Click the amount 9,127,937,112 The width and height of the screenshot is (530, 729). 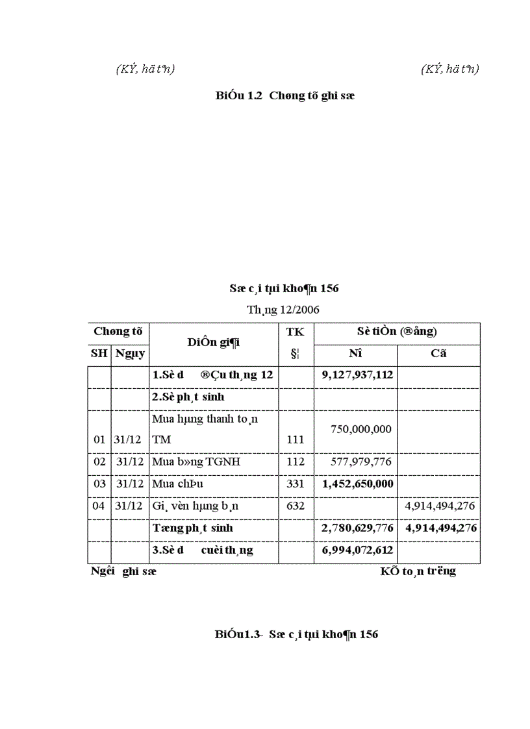pyautogui.click(x=358, y=375)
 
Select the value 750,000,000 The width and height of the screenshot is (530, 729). pyautogui.click(x=361, y=430)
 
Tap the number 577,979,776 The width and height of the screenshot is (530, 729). pyautogui.click(x=361, y=462)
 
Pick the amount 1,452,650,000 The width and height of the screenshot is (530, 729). pyautogui.click(x=358, y=484)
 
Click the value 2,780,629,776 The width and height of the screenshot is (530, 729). pyautogui.click(x=358, y=528)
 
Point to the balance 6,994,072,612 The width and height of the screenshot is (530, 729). pyautogui.click(x=358, y=550)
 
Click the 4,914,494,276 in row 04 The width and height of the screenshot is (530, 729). pyautogui.click(x=440, y=506)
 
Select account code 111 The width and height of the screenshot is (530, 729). pyautogui.click(x=296, y=439)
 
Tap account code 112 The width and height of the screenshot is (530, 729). pyautogui.click(x=296, y=462)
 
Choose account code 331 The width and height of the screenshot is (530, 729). pyautogui.click(x=296, y=484)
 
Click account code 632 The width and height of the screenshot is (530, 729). pyautogui.click(x=296, y=506)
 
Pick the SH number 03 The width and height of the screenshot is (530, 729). pyautogui.click(x=99, y=484)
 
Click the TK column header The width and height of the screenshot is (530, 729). pyautogui.click(x=296, y=331)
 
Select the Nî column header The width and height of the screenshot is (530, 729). pyautogui.click(x=355, y=354)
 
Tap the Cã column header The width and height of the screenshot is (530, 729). pyautogui.click(x=438, y=354)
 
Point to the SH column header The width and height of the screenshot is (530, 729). pyautogui.click(x=99, y=354)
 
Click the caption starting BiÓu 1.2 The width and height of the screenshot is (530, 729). pyautogui.click(x=284, y=95)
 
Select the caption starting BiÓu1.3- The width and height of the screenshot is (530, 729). pyautogui.click(x=296, y=634)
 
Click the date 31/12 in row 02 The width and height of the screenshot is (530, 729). pyautogui.click(x=129, y=462)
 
